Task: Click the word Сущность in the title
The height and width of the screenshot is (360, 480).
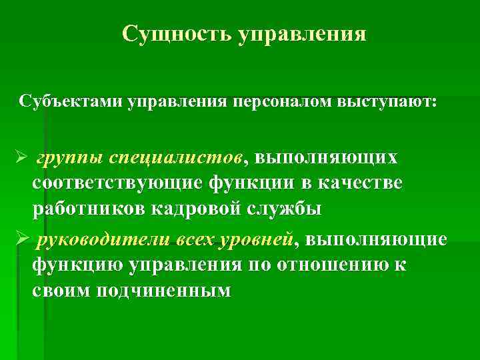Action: pyautogui.click(x=177, y=33)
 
